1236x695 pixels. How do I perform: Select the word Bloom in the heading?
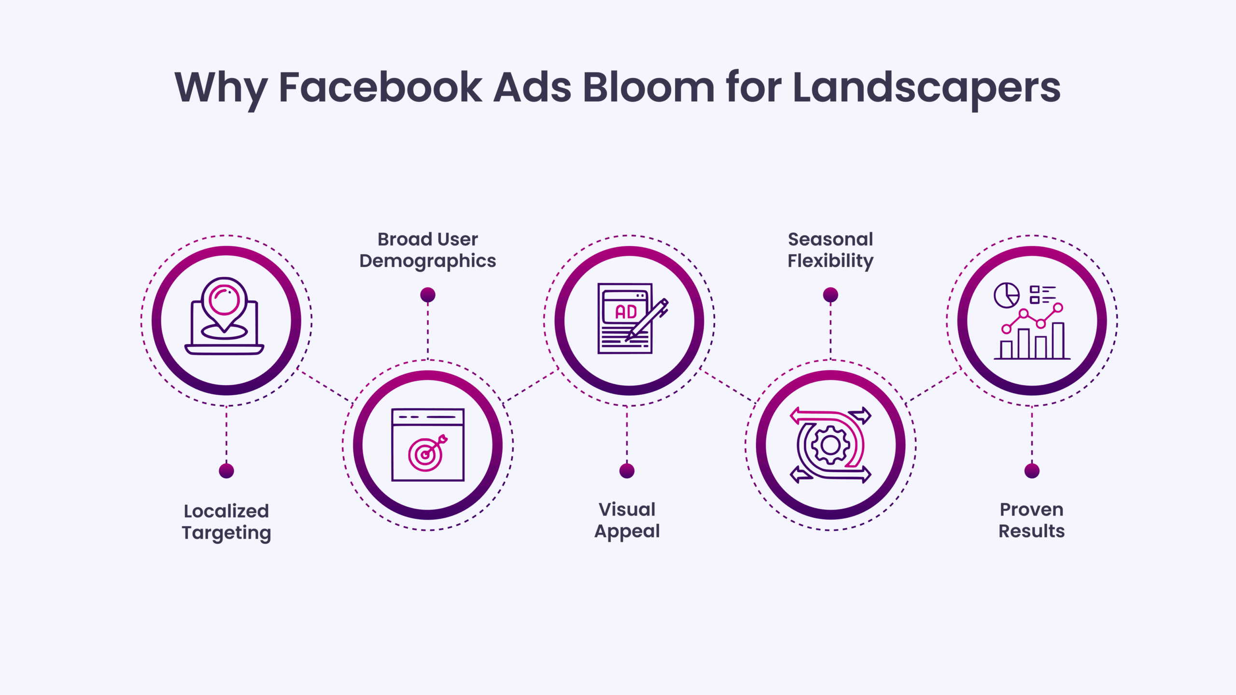pos(648,88)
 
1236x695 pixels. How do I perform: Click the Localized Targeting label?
pos(226,522)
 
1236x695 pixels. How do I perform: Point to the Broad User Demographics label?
pos(428,250)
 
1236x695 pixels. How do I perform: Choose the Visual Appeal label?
pos(627,520)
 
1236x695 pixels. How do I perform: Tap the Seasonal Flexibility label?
pos(830,250)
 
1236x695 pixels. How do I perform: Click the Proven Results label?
pos(1032,520)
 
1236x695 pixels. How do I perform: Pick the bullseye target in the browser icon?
pos(425,454)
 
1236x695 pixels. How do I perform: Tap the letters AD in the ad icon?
pos(626,312)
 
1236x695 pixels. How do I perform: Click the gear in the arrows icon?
pos(830,445)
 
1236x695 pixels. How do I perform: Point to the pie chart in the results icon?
pos(1006,295)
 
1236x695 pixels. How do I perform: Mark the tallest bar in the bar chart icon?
pos(1058,340)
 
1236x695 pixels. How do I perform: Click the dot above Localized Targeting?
pos(226,471)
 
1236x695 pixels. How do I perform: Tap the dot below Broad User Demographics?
pos(428,295)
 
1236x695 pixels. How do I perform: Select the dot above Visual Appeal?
pos(627,471)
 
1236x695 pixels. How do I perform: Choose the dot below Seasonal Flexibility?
pos(830,295)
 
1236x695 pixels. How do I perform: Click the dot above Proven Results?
pos(1032,471)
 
